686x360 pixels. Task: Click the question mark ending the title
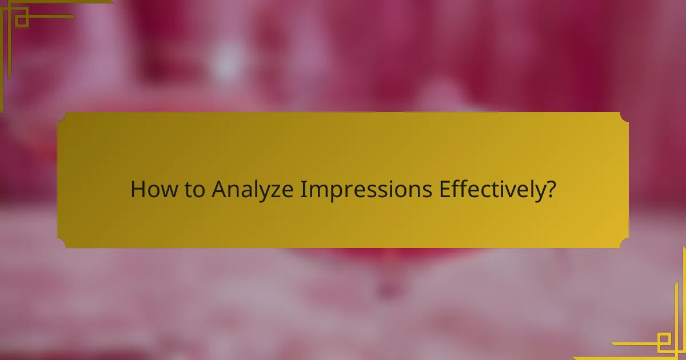click(x=551, y=190)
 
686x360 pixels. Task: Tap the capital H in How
click(x=137, y=190)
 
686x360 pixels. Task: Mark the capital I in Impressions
click(x=304, y=190)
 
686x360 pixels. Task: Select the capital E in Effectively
click(x=444, y=190)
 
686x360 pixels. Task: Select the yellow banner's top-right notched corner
click(x=624, y=117)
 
